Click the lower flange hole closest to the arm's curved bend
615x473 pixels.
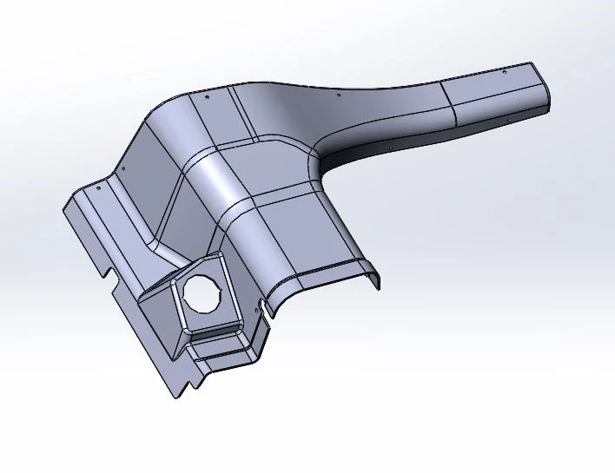pos(387,149)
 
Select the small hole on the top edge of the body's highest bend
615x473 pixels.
pos(208,98)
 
